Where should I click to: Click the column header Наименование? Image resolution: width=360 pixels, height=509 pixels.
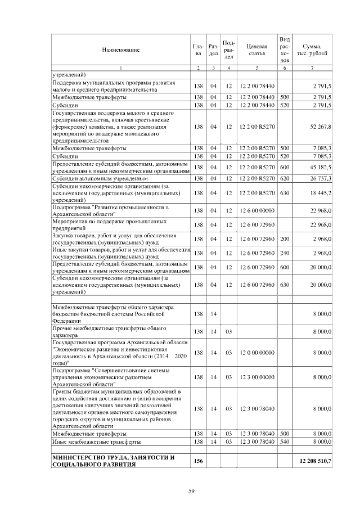click(120, 50)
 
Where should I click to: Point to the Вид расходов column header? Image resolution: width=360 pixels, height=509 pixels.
click(285, 49)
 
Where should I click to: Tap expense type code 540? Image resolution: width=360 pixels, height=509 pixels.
click(285, 443)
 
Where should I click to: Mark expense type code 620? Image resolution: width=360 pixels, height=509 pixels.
click(285, 178)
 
